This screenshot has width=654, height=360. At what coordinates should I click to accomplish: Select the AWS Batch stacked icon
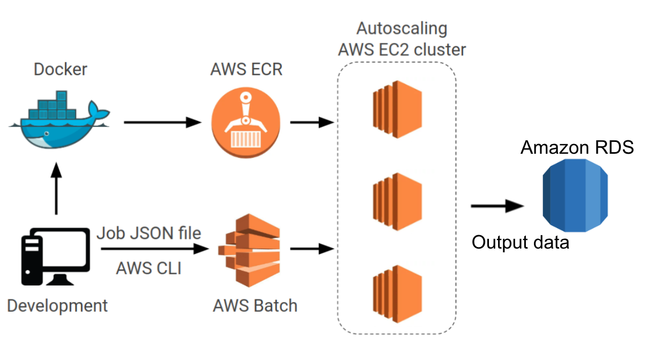point(249,249)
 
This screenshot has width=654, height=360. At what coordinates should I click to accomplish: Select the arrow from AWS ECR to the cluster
point(311,122)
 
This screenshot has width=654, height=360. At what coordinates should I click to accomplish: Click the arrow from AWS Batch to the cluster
point(311,249)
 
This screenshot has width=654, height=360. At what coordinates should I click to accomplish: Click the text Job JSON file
point(148,233)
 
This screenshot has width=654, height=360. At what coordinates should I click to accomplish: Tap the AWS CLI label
point(148,267)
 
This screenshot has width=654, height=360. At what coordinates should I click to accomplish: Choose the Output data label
point(520,242)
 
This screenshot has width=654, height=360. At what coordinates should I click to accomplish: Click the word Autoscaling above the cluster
point(402,28)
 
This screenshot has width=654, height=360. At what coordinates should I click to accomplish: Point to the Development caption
point(57,306)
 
